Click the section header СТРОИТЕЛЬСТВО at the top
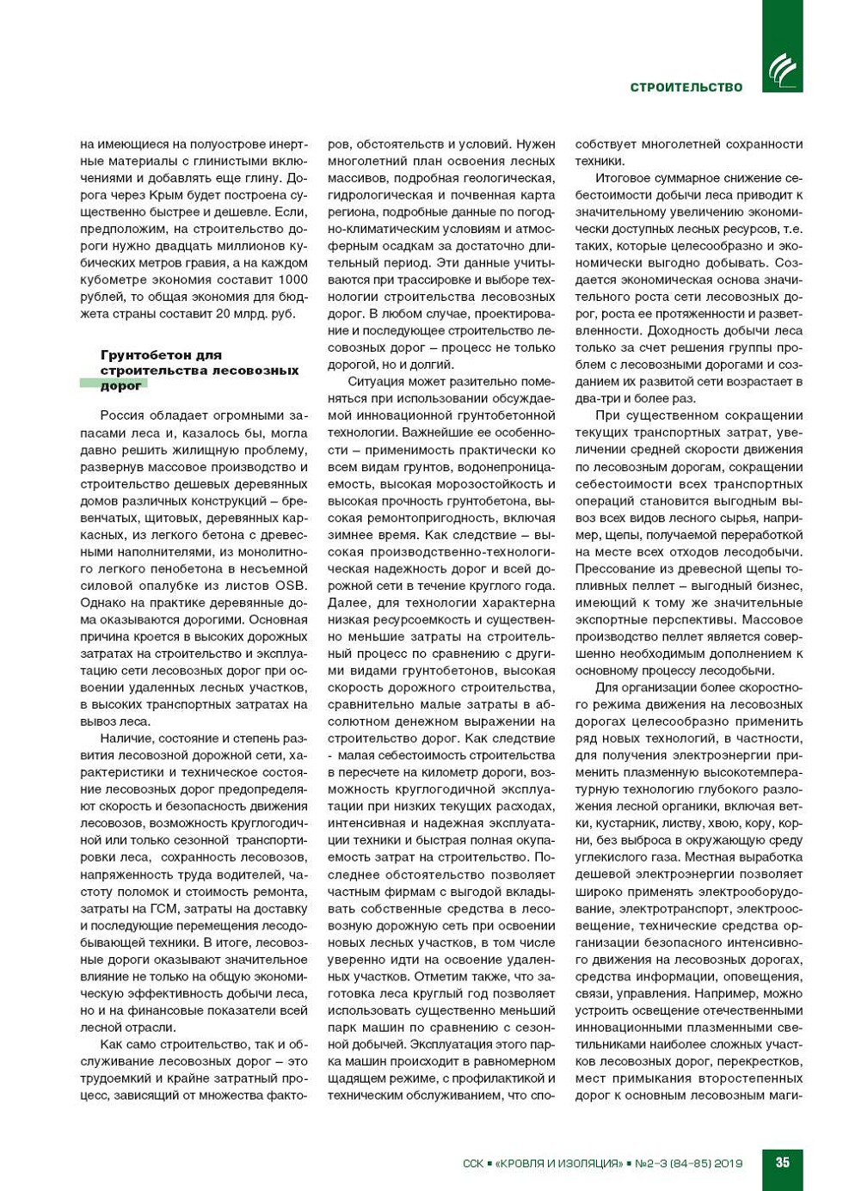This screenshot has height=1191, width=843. pos(686,87)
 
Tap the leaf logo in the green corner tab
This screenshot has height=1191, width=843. pos(782,69)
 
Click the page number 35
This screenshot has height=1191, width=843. pos(782,1162)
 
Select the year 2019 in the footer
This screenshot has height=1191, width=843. pos(727,1163)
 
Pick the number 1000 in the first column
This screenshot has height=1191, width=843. pos(293,279)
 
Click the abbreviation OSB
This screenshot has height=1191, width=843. pos(291,586)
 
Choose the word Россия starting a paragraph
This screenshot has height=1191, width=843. pos(122,415)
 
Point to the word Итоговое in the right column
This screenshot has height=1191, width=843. pos(621,178)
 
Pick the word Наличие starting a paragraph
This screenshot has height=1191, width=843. pos(124,738)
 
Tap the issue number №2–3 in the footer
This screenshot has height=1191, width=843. pos(651,1163)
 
